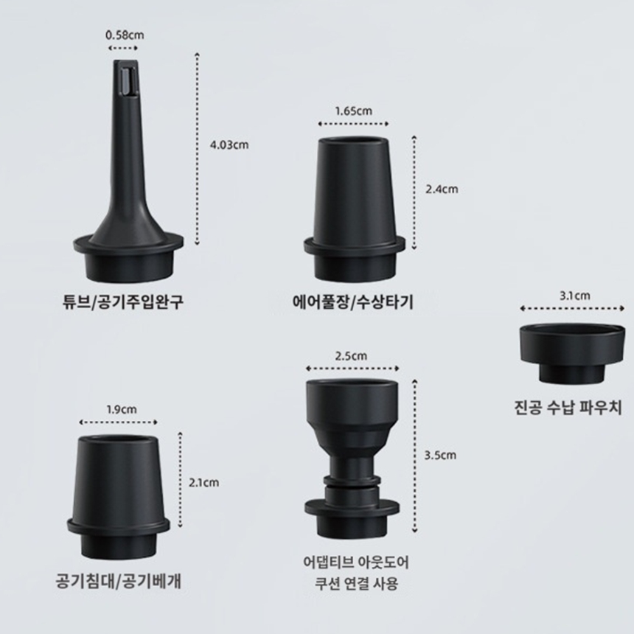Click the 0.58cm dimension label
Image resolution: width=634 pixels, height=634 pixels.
[x=125, y=35]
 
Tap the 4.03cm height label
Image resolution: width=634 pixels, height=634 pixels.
[x=229, y=144]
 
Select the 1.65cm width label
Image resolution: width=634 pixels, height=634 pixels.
[x=353, y=111]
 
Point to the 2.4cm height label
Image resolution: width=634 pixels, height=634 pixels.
[x=442, y=189]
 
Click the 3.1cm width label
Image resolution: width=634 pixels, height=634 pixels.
[x=574, y=296]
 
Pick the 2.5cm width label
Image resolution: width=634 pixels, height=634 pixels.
[x=351, y=356]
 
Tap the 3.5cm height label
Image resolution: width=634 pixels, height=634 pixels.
[x=440, y=456]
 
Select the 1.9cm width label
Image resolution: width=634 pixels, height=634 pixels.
[x=122, y=410]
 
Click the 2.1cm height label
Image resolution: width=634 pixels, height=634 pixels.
[x=203, y=482]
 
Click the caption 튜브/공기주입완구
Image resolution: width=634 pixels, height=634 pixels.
[x=123, y=302]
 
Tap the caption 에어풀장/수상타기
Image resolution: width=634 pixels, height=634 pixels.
[x=353, y=302]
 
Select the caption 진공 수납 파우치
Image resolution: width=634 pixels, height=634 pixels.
[x=568, y=407]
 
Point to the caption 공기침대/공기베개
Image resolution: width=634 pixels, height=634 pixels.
[x=118, y=582]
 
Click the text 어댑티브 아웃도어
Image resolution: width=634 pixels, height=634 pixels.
[x=356, y=562]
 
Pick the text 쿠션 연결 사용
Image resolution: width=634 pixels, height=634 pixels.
[x=356, y=583]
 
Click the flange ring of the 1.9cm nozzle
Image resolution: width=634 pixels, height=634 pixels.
[x=118, y=526]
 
